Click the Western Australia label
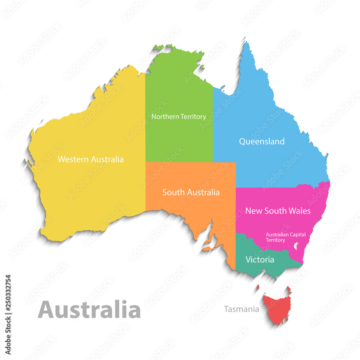pos(90,159)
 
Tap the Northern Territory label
pos(179,117)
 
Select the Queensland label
pos(262,141)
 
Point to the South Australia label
pos(191,193)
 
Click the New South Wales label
pos(278,211)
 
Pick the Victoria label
pos(260,260)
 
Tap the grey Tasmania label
pos(241,309)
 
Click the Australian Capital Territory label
pos(285,237)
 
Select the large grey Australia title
pos(89,310)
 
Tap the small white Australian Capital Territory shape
pos(296,246)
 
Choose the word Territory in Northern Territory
pos(193,117)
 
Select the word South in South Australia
pos(172,193)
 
